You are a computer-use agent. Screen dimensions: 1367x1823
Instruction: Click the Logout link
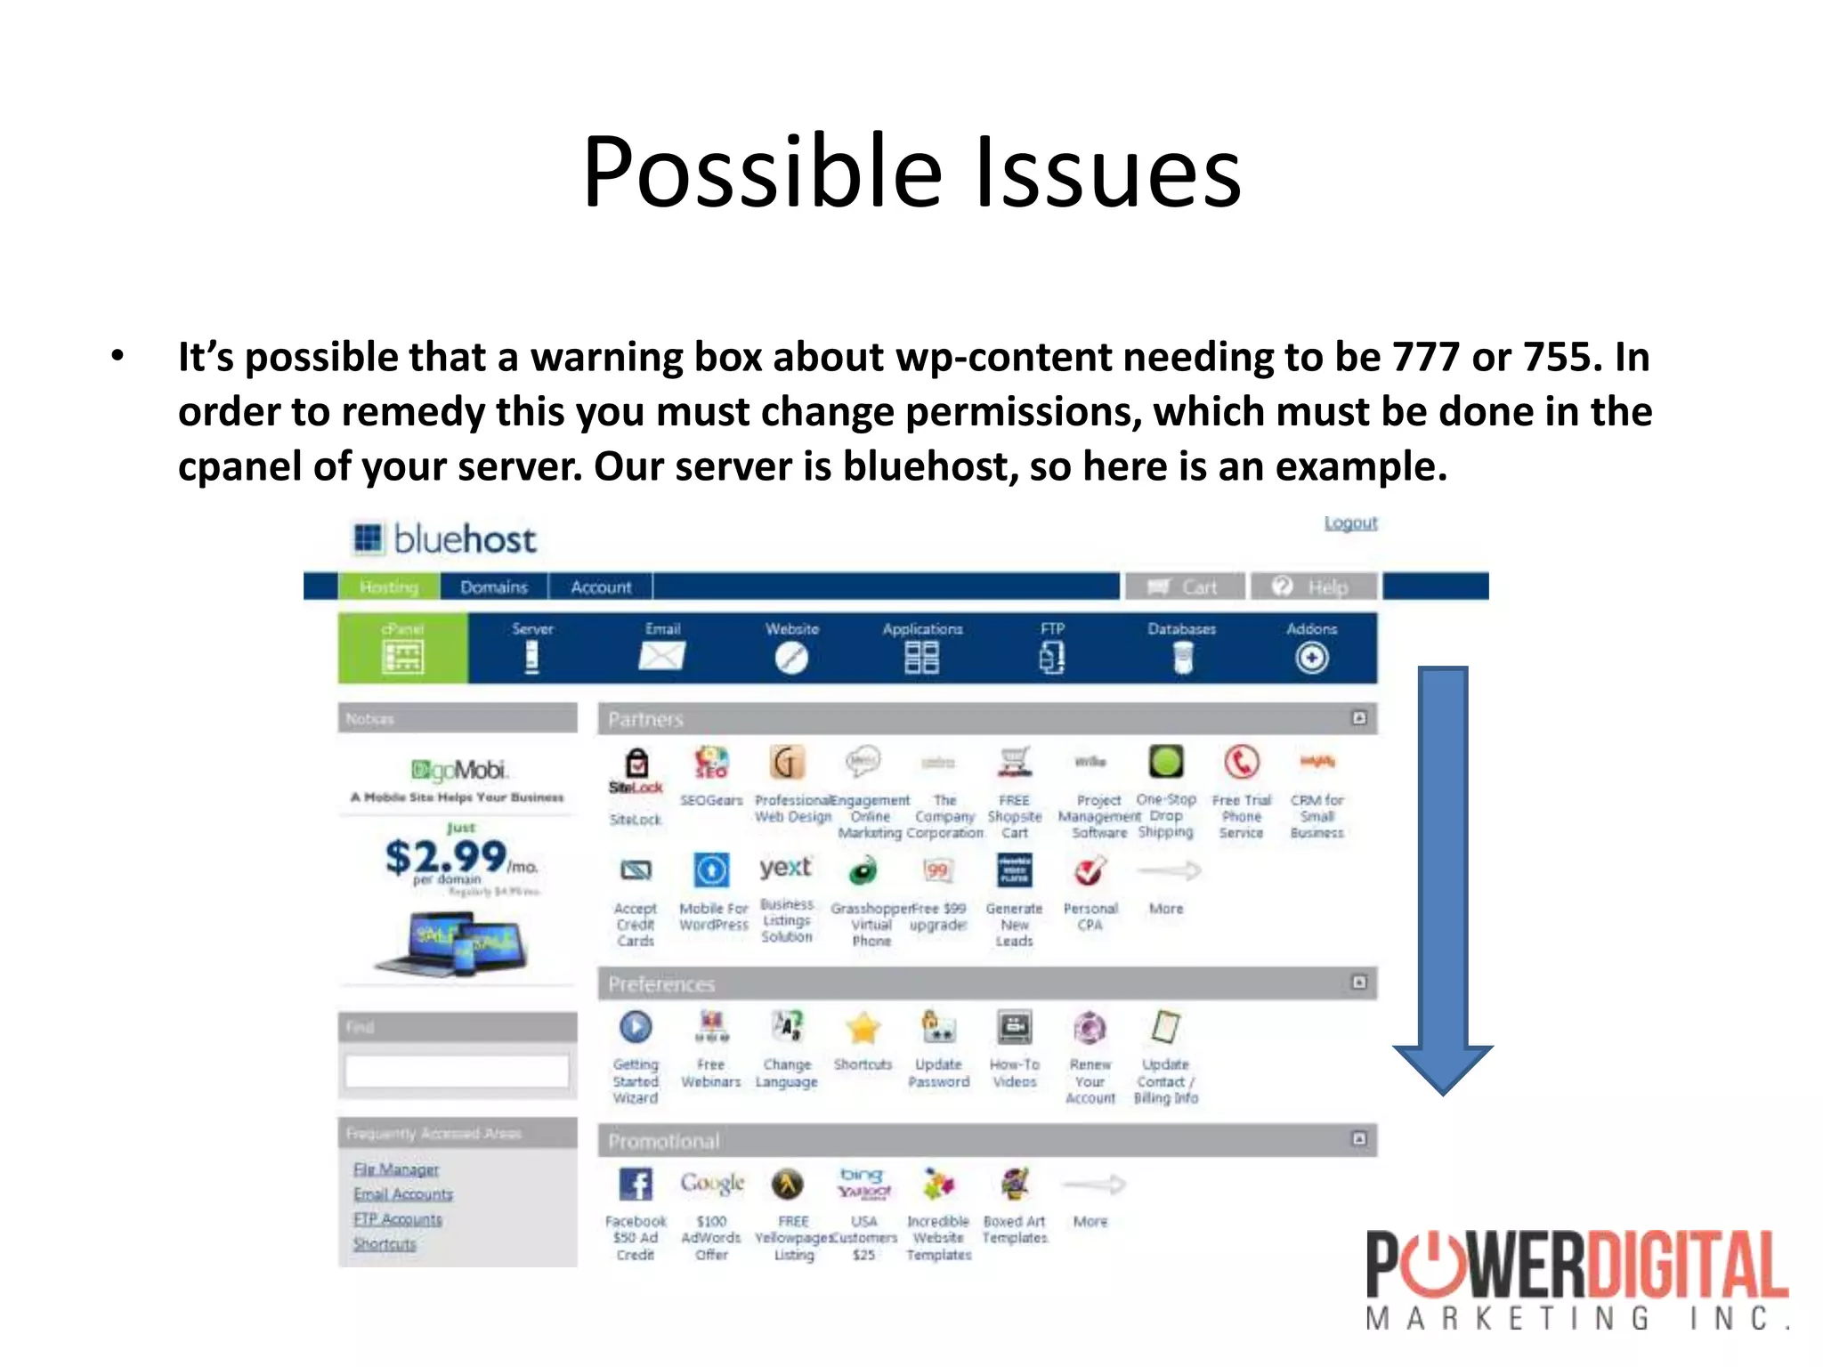click(1350, 523)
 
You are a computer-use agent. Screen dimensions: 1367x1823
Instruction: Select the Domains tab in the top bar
click(494, 587)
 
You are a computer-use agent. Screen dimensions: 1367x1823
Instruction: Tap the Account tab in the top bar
click(601, 587)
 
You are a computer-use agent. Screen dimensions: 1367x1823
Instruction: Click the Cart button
click(1183, 587)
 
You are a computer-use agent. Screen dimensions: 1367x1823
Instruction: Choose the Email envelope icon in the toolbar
click(661, 657)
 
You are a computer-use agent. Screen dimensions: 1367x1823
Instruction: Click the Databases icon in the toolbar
click(1182, 658)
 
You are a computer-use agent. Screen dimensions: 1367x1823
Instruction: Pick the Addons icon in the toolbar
click(1311, 658)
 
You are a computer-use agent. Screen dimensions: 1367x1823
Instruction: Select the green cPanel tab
click(402, 648)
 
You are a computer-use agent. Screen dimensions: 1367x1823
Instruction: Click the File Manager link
click(396, 1169)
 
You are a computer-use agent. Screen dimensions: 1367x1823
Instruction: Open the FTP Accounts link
click(397, 1219)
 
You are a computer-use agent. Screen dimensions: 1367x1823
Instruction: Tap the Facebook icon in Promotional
click(636, 1185)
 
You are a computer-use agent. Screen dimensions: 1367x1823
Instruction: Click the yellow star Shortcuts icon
click(863, 1029)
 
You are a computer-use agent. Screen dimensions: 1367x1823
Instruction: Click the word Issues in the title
click(1107, 171)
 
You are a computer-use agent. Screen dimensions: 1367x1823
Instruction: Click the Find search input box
click(457, 1071)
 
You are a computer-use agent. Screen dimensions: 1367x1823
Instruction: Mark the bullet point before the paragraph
click(117, 356)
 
